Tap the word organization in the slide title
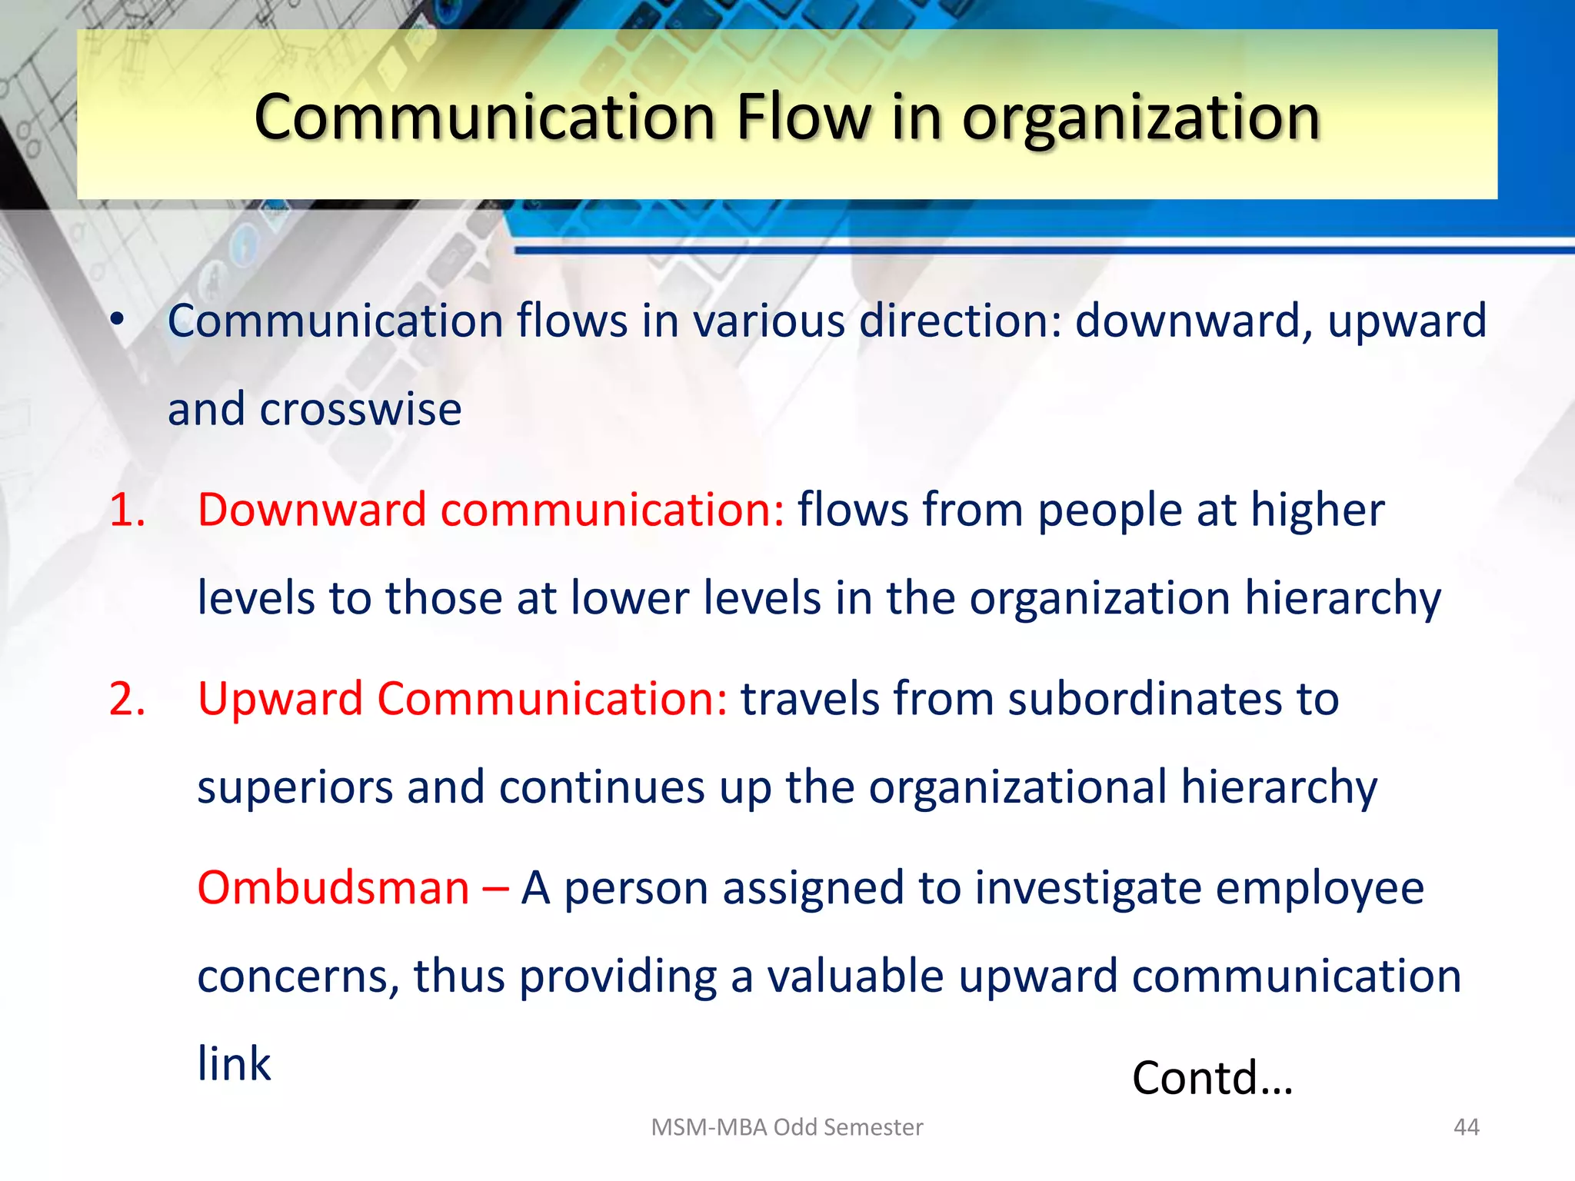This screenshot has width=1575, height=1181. point(1140,119)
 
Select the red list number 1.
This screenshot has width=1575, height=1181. point(127,510)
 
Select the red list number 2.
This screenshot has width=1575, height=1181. point(127,699)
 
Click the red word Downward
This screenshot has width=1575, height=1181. point(311,510)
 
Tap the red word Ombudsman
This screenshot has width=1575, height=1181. point(333,888)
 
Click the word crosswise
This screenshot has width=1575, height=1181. point(360,409)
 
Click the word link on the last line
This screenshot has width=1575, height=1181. point(234,1065)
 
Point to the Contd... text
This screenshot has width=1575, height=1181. point(1212,1078)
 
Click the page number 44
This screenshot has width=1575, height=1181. point(1466,1127)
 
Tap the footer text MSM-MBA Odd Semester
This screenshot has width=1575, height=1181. point(787,1127)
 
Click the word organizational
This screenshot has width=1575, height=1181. point(1017,787)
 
